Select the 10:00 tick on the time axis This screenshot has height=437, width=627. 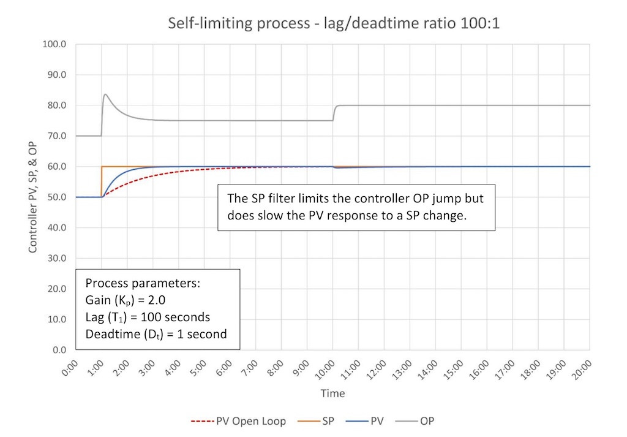pos(325,370)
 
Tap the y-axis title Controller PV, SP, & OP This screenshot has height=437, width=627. pos(32,197)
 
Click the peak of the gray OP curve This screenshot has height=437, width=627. pos(105,94)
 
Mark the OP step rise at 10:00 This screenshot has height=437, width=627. pos(334,113)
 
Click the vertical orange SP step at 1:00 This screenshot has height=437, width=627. pos(101,181)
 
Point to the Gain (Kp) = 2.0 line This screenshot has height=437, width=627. pos(126,300)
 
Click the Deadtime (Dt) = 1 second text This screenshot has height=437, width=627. pos(156,334)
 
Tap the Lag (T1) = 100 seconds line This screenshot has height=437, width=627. pos(148,317)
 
